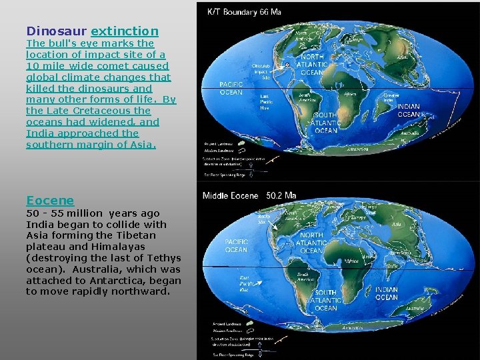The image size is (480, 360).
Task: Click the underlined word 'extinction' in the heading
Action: [125, 31]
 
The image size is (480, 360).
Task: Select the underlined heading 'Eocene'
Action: [50, 200]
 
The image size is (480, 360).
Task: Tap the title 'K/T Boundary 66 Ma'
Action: [244, 11]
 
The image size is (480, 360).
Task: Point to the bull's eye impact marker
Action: [287, 65]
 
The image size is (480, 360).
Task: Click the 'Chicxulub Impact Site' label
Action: [261, 72]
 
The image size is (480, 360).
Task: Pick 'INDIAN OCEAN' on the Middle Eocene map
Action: [387, 293]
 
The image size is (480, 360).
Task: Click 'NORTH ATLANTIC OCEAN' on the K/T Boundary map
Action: [312, 65]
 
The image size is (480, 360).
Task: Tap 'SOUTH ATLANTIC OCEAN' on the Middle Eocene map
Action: [325, 300]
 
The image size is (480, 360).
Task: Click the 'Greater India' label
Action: [391, 97]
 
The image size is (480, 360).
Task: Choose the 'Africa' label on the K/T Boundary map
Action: [349, 95]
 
